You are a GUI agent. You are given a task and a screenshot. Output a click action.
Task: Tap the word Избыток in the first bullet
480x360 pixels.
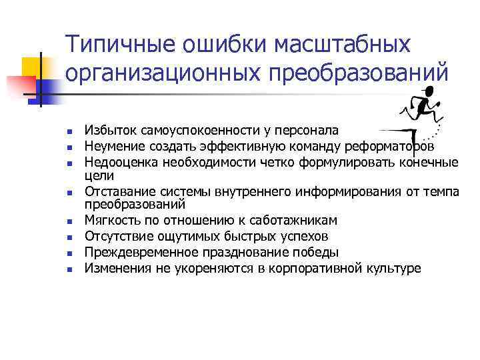[107, 131]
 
